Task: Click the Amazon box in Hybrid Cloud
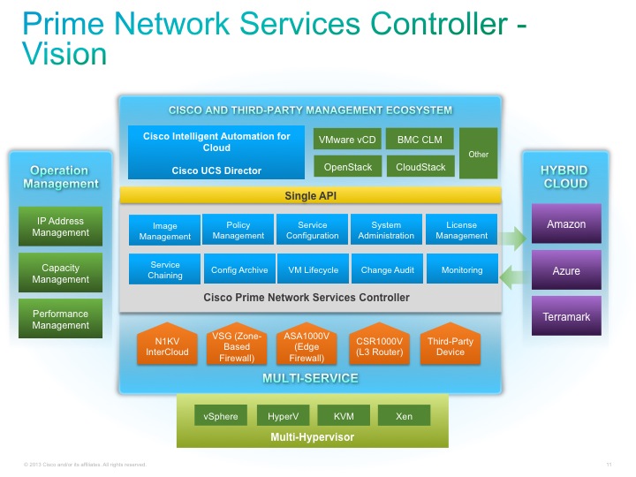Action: point(566,224)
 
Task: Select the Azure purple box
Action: point(566,270)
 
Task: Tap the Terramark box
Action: point(566,316)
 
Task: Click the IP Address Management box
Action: point(61,227)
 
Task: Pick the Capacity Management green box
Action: point(61,273)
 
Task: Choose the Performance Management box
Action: point(61,319)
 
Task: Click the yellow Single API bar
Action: point(310,195)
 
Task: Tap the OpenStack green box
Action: point(348,166)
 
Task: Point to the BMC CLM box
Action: point(420,140)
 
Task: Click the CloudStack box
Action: point(420,166)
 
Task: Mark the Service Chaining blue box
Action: point(165,269)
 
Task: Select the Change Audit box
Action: point(388,270)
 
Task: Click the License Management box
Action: point(461,231)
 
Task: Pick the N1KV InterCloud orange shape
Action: point(167,346)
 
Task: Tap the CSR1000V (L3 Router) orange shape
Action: point(382,346)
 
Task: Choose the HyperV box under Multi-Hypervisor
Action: point(283,416)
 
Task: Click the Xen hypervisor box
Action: point(404,416)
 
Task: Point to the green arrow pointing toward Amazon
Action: point(511,237)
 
